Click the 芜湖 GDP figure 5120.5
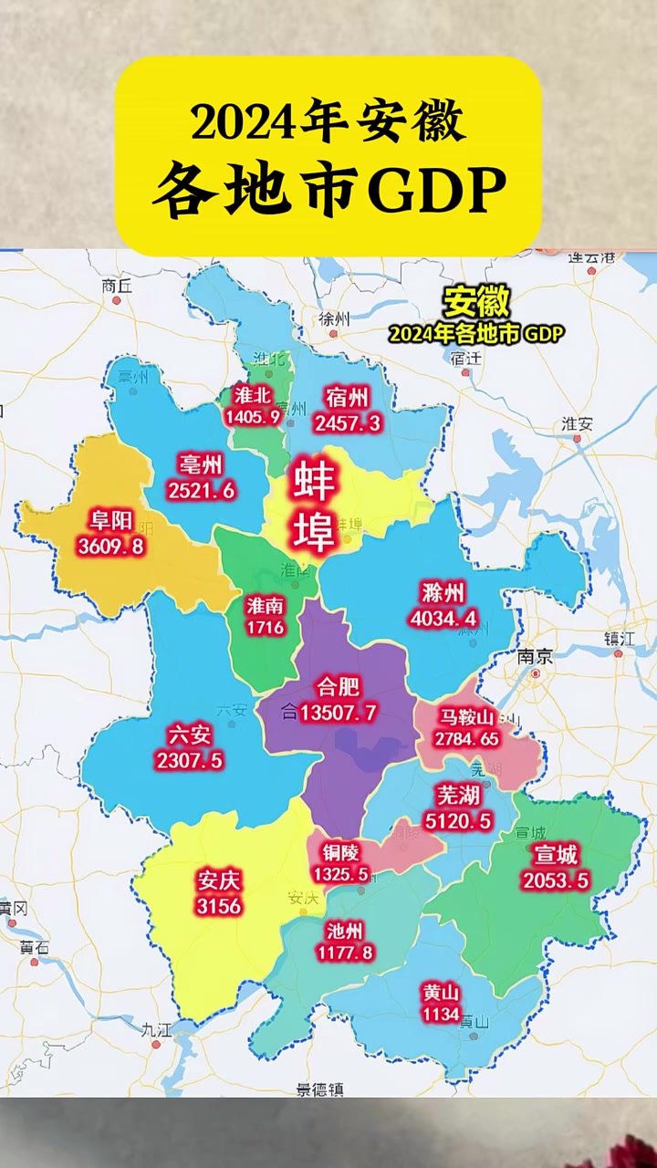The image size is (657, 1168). (x=458, y=821)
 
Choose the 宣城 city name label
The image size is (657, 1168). (x=555, y=855)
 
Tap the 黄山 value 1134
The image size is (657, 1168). (x=441, y=1015)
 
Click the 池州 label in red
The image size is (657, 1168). (x=344, y=930)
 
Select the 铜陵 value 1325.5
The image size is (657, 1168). (x=340, y=874)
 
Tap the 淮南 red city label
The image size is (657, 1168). (x=266, y=605)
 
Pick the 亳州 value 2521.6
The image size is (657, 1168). (x=202, y=490)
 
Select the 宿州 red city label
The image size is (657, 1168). (x=347, y=397)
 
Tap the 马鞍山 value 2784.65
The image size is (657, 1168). (x=467, y=738)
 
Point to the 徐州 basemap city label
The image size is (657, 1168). (x=334, y=318)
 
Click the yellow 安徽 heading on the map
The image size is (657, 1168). (x=475, y=302)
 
